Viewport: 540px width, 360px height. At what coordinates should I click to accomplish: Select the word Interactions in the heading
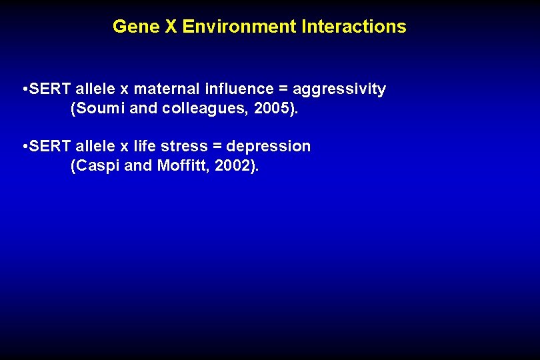[x=353, y=27]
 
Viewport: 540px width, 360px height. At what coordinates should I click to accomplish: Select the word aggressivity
[x=339, y=89]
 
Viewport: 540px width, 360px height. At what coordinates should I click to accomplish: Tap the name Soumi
[x=99, y=109]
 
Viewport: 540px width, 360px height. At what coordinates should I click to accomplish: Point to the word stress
[x=184, y=146]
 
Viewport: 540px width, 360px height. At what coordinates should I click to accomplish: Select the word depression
[x=269, y=146]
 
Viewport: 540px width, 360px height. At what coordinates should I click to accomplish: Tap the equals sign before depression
[x=217, y=146]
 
